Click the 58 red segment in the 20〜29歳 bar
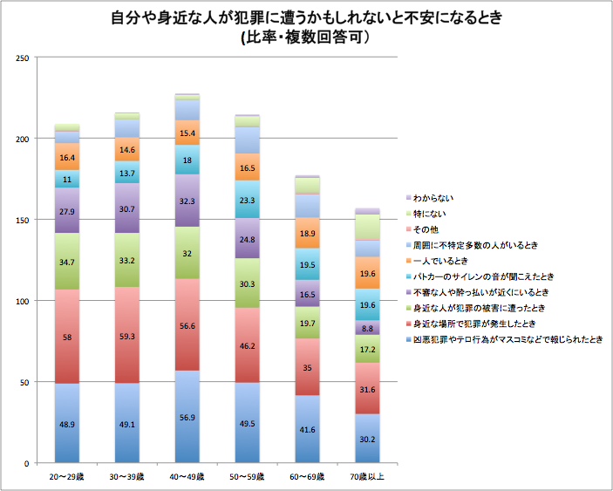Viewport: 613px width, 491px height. click(67, 336)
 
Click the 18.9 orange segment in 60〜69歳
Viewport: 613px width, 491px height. click(308, 233)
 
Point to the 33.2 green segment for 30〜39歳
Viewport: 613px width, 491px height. click(127, 260)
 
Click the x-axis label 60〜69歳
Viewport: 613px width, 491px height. click(308, 476)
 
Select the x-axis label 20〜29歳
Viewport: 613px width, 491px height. click(67, 476)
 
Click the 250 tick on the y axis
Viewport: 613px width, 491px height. click(24, 58)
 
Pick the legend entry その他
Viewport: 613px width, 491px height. click(426, 229)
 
